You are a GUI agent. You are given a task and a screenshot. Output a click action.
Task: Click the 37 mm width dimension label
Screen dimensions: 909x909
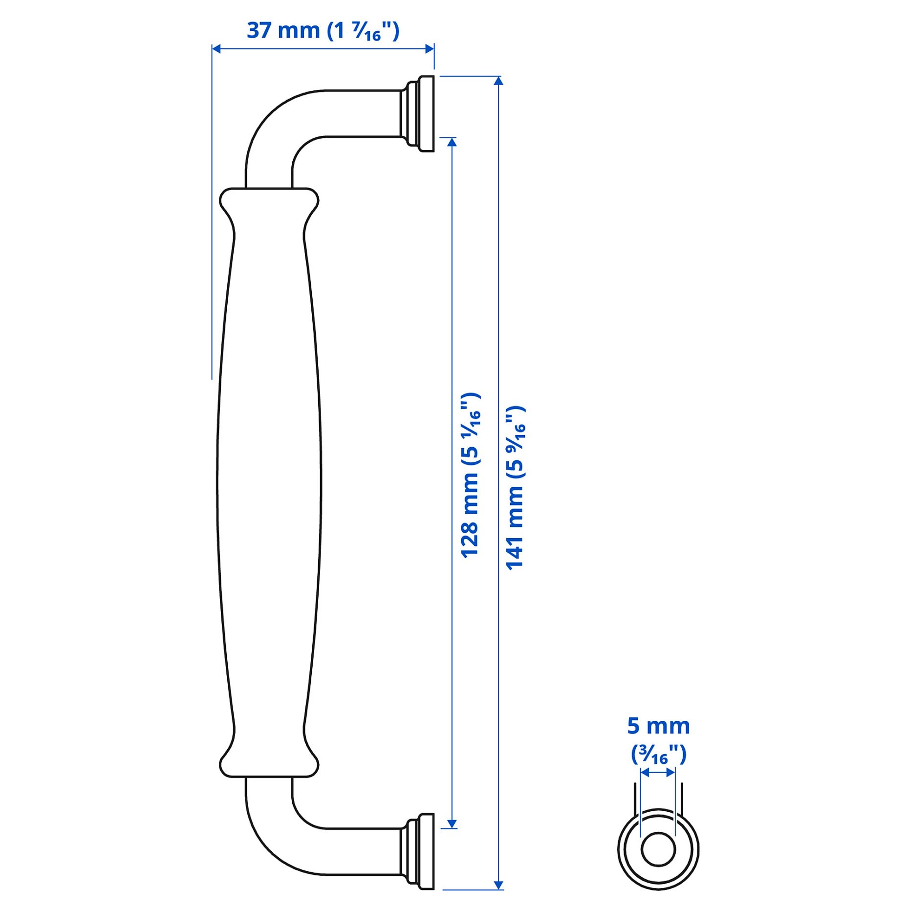(323, 31)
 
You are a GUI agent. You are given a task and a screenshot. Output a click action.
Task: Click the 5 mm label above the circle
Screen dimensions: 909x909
(658, 726)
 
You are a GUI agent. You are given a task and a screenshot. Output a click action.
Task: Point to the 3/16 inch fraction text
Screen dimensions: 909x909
(658, 755)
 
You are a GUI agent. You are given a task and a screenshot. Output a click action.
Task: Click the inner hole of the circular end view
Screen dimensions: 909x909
(658, 850)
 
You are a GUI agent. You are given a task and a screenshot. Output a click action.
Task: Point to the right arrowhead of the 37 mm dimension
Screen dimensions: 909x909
(430, 48)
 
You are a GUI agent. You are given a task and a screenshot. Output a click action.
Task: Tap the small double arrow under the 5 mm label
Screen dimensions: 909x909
(658, 773)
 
